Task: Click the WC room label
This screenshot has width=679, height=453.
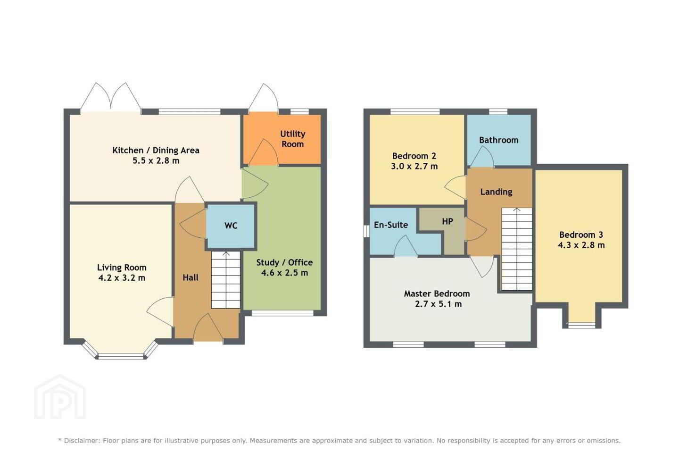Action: (231, 226)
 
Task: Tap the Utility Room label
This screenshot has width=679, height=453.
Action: (292, 139)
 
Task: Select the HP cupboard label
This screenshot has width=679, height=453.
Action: (447, 221)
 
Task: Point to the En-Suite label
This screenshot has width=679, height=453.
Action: (391, 225)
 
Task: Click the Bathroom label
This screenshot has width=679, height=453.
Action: (499, 140)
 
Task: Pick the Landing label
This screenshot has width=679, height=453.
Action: (496, 192)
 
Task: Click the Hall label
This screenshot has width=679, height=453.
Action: (190, 277)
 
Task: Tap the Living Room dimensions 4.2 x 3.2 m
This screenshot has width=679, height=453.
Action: (122, 278)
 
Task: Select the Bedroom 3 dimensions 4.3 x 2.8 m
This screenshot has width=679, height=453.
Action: (581, 245)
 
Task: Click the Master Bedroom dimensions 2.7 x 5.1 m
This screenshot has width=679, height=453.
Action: (439, 304)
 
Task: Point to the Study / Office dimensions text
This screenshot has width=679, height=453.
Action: (285, 273)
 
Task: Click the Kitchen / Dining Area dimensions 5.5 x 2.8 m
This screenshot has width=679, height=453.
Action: (156, 160)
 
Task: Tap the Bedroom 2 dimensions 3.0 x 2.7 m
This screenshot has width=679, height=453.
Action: (414, 166)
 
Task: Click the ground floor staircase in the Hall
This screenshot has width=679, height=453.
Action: (226, 280)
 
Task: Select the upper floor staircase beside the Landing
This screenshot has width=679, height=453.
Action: (517, 249)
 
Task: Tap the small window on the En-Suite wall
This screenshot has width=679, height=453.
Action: (366, 231)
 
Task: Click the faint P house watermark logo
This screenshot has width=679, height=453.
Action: (60, 397)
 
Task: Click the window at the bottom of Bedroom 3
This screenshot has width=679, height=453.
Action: (581, 325)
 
